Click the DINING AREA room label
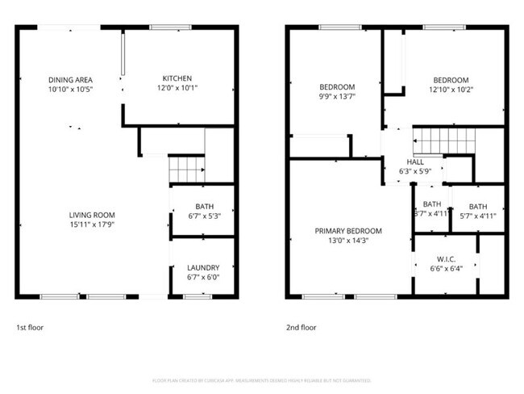tap(71, 79)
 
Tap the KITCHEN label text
tap(176, 79)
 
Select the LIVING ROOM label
tap(92, 215)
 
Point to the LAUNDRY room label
tap(203, 268)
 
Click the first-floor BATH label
tap(203, 207)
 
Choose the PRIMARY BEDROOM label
tap(348, 231)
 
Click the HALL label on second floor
tap(416, 161)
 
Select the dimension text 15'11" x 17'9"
tap(92, 224)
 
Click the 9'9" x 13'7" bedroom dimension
tap(337, 96)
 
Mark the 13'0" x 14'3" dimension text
tap(348, 240)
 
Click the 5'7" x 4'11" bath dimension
tap(478, 215)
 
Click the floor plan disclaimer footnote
tap(262, 379)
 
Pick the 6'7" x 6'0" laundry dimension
tap(203, 277)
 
